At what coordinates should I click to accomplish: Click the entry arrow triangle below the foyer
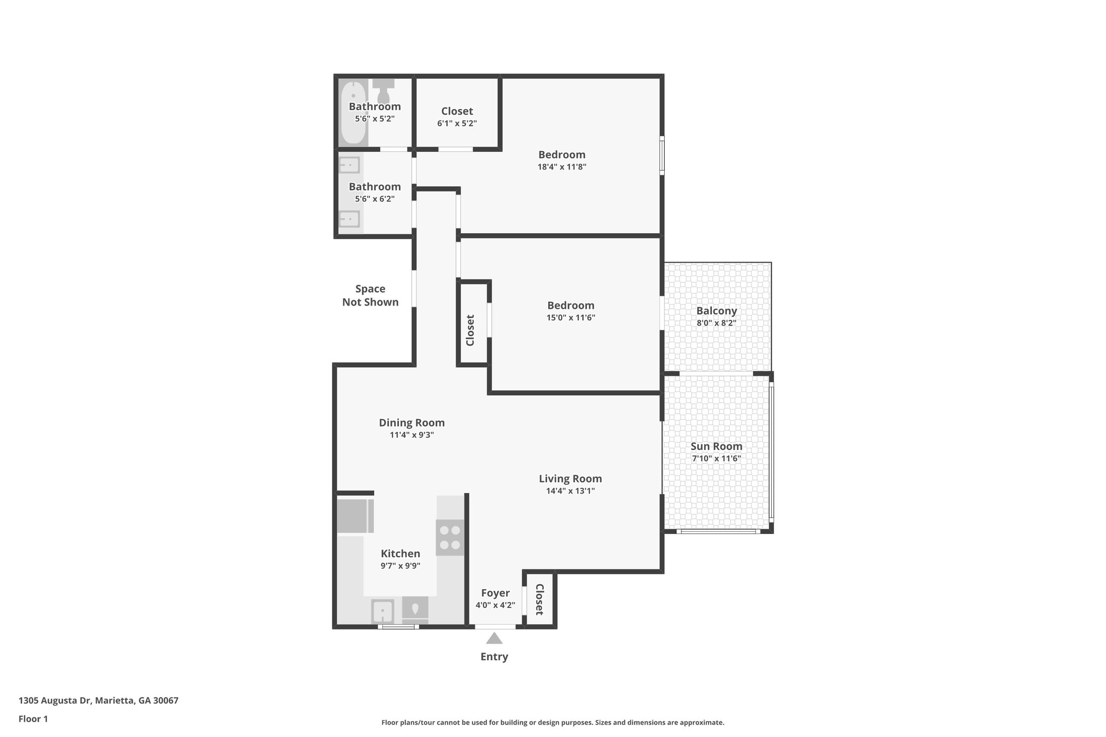click(494, 639)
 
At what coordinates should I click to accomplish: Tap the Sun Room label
click(716, 447)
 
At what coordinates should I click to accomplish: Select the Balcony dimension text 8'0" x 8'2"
click(716, 323)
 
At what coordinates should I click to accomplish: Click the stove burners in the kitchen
click(450, 538)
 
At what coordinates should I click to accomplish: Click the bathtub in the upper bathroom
click(354, 112)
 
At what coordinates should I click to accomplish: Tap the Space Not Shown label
click(370, 295)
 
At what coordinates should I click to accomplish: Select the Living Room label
click(570, 478)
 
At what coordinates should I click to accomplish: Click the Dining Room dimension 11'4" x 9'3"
click(412, 435)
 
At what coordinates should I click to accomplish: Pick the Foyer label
click(495, 593)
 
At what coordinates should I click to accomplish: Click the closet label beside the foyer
click(539, 599)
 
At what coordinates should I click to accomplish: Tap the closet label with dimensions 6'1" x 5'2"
click(457, 111)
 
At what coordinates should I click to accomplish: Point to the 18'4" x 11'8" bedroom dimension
click(562, 167)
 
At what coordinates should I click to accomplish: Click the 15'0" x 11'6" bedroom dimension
click(570, 317)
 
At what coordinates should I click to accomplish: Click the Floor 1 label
click(33, 719)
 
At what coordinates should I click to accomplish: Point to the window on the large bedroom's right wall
click(662, 155)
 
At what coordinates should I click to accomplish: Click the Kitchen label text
click(400, 553)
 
